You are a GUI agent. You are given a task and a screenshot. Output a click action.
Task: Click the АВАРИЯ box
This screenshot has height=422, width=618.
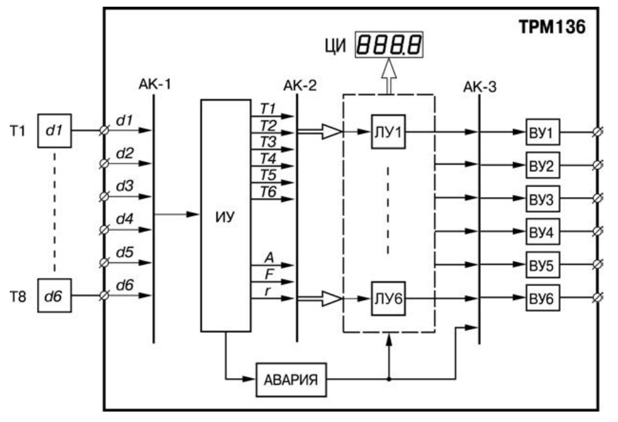click(x=291, y=379)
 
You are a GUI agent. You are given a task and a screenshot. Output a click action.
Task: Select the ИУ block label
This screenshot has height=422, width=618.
click(x=225, y=216)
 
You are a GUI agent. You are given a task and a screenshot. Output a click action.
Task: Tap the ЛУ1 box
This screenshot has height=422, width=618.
click(x=388, y=132)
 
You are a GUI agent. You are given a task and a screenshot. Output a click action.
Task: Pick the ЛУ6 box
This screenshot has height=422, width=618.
click(x=388, y=299)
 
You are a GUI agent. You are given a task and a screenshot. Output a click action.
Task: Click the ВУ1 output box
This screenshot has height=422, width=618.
click(x=542, y=132)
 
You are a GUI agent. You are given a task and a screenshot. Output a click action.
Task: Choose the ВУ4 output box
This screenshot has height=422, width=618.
click(x=542, y=232)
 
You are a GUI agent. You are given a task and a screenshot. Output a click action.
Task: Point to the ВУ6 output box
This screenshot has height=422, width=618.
click(x=542, y=298)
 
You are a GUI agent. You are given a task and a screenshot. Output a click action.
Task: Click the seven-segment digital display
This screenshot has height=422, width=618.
click(x=389, y=45)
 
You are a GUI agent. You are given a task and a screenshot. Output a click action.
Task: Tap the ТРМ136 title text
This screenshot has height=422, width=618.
click(x=552, y=27)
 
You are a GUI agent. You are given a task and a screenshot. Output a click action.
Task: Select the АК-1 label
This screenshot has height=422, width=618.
click(x=155, y=84)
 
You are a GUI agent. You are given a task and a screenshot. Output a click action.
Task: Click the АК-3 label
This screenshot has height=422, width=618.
click(x=480, y=87)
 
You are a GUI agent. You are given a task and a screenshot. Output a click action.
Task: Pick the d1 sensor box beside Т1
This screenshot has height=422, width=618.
click(x=54, y=131)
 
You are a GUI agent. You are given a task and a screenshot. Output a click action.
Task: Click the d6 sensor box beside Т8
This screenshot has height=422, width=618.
click(x=54, y=295)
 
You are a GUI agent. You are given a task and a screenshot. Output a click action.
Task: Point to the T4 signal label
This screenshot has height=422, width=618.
click(x=268, y=159)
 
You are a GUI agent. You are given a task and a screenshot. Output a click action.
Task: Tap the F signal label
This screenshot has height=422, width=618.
click(x=269, y=274)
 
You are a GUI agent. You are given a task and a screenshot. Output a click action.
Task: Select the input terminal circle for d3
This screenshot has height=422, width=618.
click(x=104, y=196)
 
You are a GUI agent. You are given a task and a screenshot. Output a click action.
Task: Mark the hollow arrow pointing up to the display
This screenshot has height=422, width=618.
click(x=389, y=76)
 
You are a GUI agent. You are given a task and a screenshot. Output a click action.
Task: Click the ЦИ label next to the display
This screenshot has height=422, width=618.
click(x=335, y=45)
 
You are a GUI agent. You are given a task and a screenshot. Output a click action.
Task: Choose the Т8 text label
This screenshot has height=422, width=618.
click(x=17, y=296)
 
